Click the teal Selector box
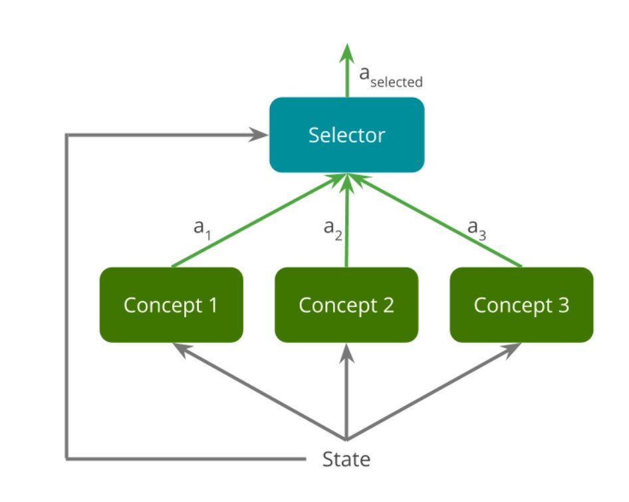(346, 135)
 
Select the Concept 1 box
(172, 305)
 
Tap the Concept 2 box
(346, 305)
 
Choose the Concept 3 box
(521, 305)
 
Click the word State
(346, 459)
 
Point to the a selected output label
(391, 77)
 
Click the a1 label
(202, 228)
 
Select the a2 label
(333, 229)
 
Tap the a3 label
(477, 229)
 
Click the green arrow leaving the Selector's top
(347, 71)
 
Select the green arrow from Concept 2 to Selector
(347, 220)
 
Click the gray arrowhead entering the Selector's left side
(259, 134)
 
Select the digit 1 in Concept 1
(213, 305)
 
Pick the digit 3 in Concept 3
(564, 305)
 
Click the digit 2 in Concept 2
(388, 305)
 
